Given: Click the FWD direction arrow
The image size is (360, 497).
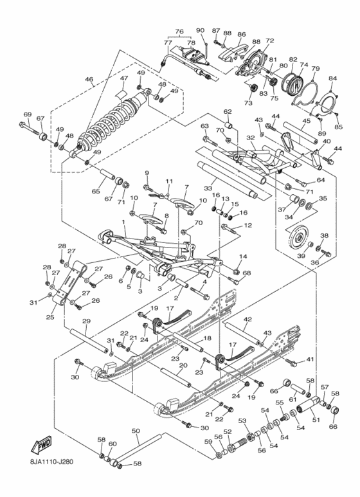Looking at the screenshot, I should point(40,446).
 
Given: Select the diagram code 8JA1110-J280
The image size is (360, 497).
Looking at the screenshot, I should point(55,476).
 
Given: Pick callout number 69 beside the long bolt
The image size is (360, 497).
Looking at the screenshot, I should point(27,114).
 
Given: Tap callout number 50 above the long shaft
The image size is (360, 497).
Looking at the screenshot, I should point(135,431).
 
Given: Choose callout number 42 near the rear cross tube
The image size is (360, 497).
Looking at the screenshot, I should point(248,319).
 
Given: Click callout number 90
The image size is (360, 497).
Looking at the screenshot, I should point(199,30).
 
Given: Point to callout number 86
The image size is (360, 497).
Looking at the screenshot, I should point(242,34).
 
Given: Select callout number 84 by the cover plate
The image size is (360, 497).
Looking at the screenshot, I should point(332,79).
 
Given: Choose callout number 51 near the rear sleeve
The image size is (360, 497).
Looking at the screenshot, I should point(315,420).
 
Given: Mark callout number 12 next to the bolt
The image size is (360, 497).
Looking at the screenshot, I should point(248,226).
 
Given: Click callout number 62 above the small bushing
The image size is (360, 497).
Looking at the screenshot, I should point(227,111).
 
